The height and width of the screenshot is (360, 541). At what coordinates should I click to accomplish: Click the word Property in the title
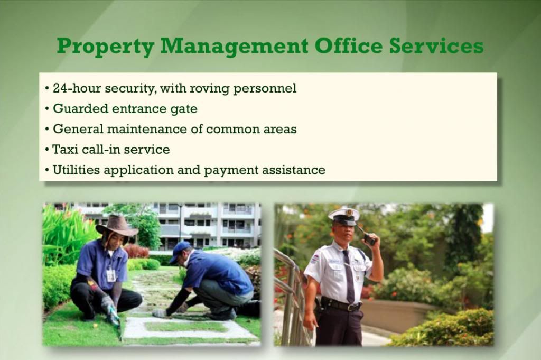pos(106,47)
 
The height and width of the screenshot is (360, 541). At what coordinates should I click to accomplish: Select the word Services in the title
pos(436,46)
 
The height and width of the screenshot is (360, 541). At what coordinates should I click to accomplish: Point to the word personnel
pos(265,89)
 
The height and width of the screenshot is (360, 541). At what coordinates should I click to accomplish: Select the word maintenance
pos(147,129)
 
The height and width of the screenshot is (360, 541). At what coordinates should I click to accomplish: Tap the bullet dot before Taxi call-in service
pos(47,150)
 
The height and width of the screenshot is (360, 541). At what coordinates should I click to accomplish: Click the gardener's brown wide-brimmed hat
pos(117,226)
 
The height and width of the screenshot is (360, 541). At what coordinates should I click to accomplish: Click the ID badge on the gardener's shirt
pos(111,275)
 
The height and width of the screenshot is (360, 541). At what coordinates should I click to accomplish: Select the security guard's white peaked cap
pos(344,216)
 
